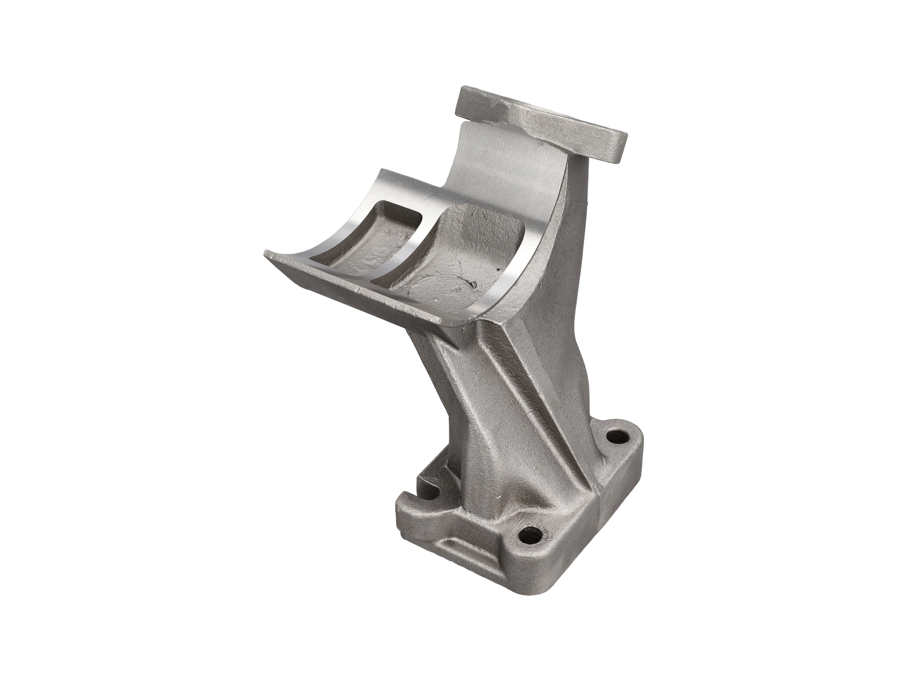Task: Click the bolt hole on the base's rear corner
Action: pos(613,436)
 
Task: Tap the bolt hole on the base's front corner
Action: pos(532,533)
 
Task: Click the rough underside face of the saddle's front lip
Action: pos(363,295)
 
